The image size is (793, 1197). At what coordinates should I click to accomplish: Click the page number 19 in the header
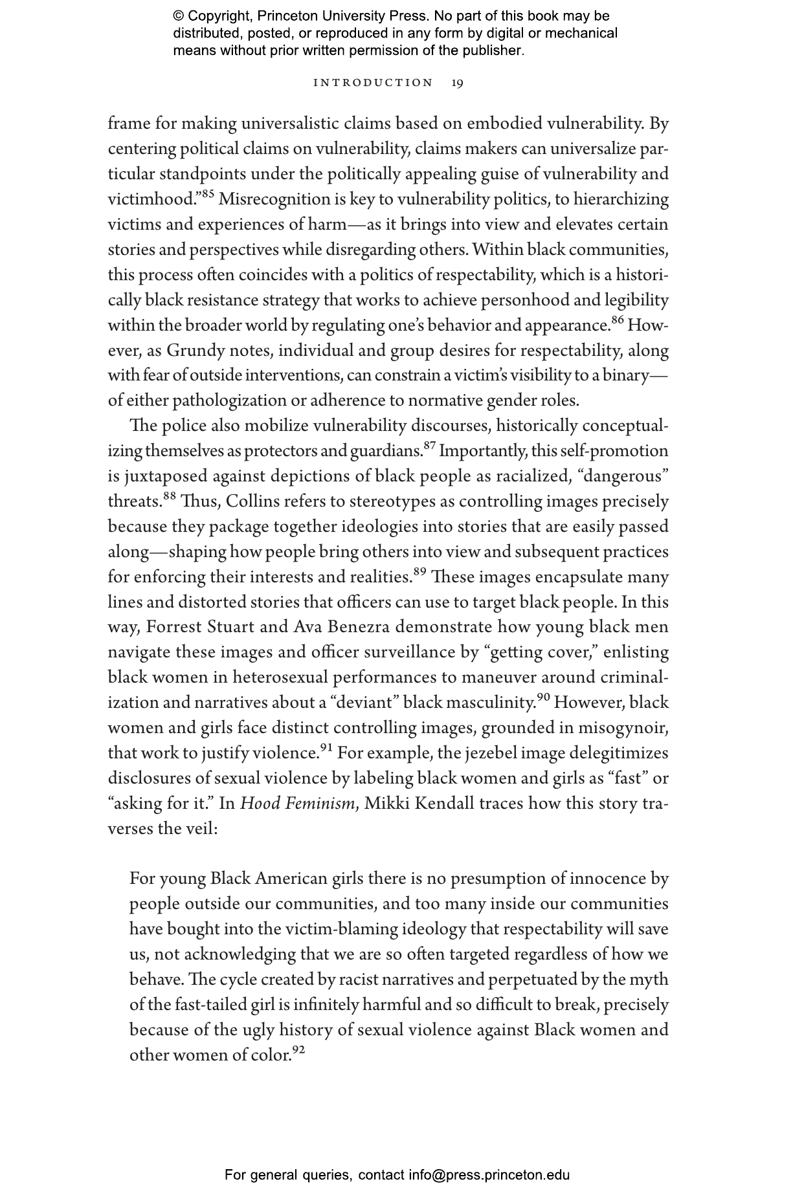pyautogui.click(x=457, y=83)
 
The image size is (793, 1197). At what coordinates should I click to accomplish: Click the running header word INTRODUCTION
pyautogui.click(x=373, y=83)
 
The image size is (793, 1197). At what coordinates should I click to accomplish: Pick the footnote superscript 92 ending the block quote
pyautogui.click(x=298, y=1049)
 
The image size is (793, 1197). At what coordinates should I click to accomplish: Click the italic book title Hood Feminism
pyautogui.click(x=298, y=804)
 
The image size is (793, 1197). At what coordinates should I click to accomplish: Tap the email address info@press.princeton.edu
pyautogui.click(x=489, y=1175)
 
